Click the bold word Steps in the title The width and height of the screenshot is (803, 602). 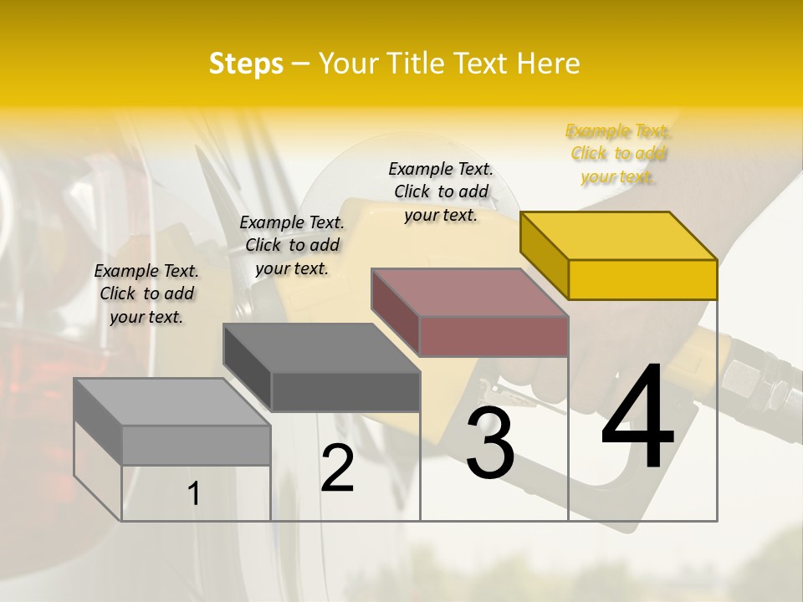246,64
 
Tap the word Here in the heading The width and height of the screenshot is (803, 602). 548,64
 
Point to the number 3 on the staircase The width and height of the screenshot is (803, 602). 490,443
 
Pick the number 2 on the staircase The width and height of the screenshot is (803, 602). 337,468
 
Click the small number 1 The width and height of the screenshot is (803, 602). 194,494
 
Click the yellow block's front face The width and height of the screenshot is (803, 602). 642,279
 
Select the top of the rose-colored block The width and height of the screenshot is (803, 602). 468,293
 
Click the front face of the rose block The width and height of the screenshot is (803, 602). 494,336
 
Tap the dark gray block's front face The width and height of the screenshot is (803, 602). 345,391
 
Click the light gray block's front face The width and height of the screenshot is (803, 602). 196,445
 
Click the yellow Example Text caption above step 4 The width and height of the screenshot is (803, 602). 618,154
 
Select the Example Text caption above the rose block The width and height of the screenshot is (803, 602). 441,191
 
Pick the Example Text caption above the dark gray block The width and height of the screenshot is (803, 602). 292,245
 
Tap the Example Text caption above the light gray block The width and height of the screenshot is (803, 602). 146,293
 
